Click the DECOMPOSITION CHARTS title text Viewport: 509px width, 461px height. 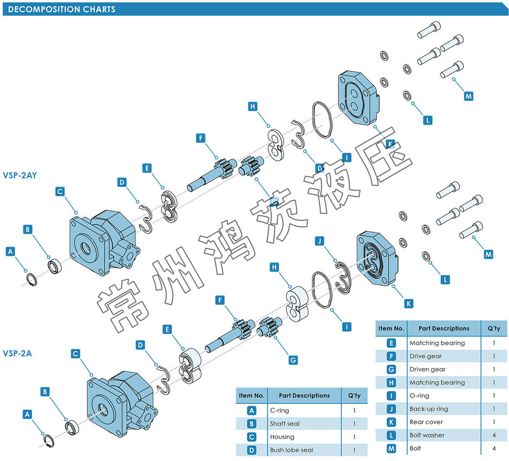pyautogui.click(x=62, y=9)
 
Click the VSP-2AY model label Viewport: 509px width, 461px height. pyautogui.click(x=20, y=175)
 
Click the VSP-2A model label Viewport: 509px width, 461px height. pyautogui.click(x=17, y=353)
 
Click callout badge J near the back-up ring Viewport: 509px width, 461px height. pyautogui.click(x=320, y=240)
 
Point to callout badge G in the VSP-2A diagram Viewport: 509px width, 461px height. pyautogui.click(x=293, y=360)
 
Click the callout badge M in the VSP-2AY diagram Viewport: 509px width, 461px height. pyautogui.click(x=469, y=96)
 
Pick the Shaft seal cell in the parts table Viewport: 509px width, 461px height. pyautogui.click(x=284, y=423)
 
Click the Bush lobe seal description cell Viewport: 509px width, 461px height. pyautogui.click(x=291, y=450)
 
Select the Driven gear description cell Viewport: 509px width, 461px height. pyautogui.click(x=427, y=369)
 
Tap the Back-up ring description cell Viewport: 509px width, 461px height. pyautogui.click(x=429, y=409)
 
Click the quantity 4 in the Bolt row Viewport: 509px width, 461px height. pyautogui.click(x=493, y=448)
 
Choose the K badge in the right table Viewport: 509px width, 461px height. pyautogui.click(x=391, y=422)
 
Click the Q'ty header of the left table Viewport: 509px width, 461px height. pyautogui.click(x=353, y=396)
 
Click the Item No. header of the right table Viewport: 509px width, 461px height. pyautogui.click(x=391, y=328)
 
